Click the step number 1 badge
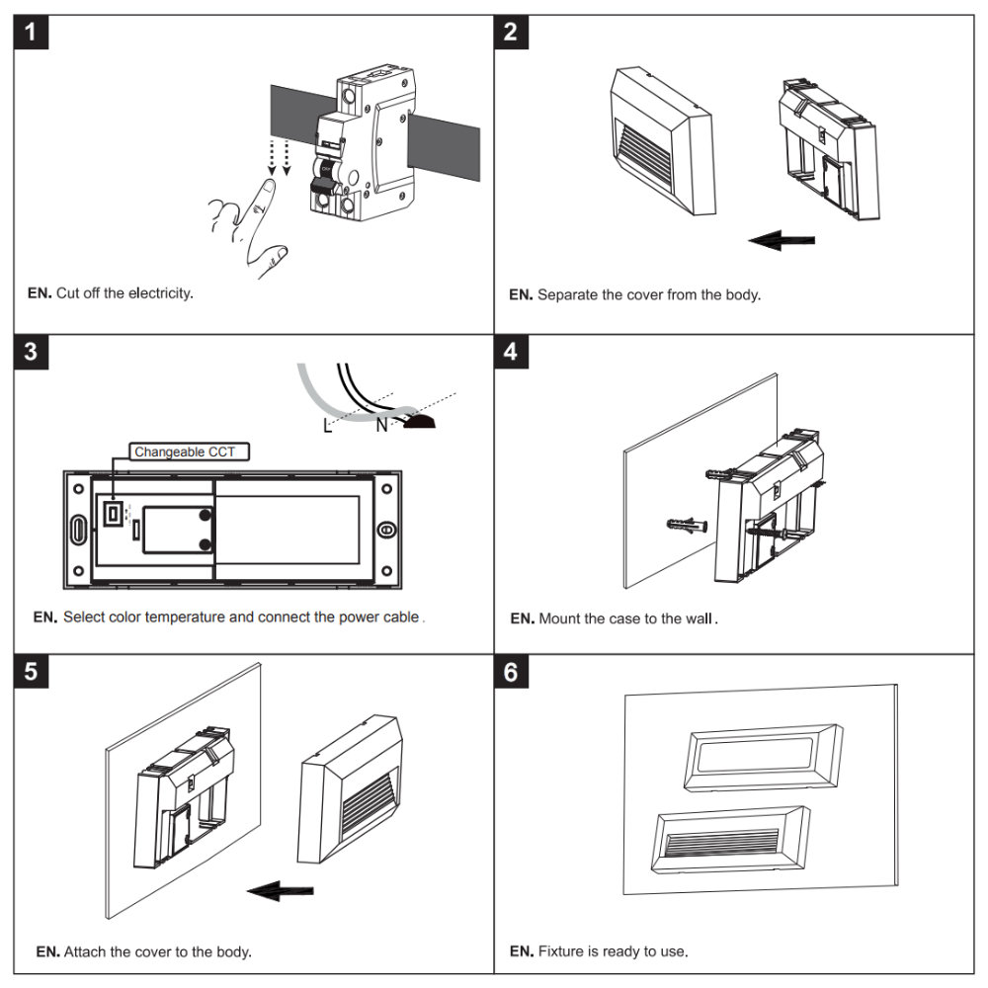[33, 32]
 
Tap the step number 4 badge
[510, 352]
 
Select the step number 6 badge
[510, 672]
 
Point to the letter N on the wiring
[381, 426]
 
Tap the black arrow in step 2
[782, 239]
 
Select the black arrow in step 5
[281, 892]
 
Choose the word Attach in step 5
[85, 952]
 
